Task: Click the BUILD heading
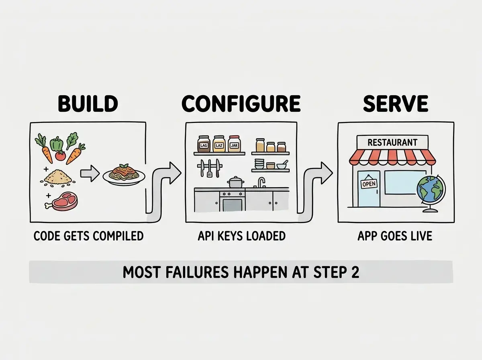point(88,103)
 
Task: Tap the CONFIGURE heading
point(241,103)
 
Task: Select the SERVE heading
point(396,103)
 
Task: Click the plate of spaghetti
point(124,174)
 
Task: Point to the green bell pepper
point(57,144)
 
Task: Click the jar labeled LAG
point(204,144)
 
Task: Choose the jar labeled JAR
point(234,144)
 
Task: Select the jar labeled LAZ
point(219,144)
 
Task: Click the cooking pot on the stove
point(236,182)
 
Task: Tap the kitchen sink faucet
point(261,182)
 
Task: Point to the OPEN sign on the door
point(369,184)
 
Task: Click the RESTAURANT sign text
point(392,143)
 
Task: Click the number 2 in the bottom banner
point(355,272)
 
